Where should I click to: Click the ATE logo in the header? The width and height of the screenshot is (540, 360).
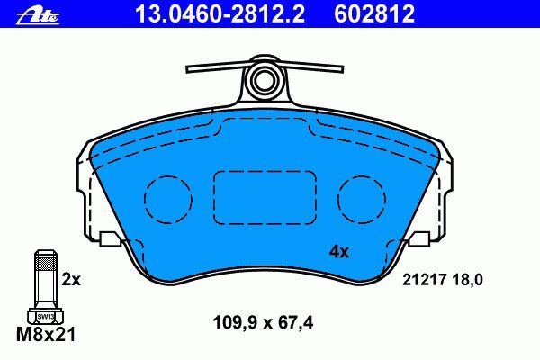tap(38, 16)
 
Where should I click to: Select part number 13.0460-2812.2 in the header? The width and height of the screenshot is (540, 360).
tap(220, 13)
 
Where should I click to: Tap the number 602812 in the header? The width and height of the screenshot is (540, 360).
tap(374, 13)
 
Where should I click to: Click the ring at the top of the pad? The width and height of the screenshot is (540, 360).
tap(264, 79)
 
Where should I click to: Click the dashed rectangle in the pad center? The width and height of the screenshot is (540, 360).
tap(265, 172)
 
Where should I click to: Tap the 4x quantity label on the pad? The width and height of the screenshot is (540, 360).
tap(339, 252)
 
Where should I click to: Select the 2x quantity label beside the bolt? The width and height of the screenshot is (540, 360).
tap(71, 280)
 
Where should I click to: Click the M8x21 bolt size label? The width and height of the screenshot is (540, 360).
tap(46, 334)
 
